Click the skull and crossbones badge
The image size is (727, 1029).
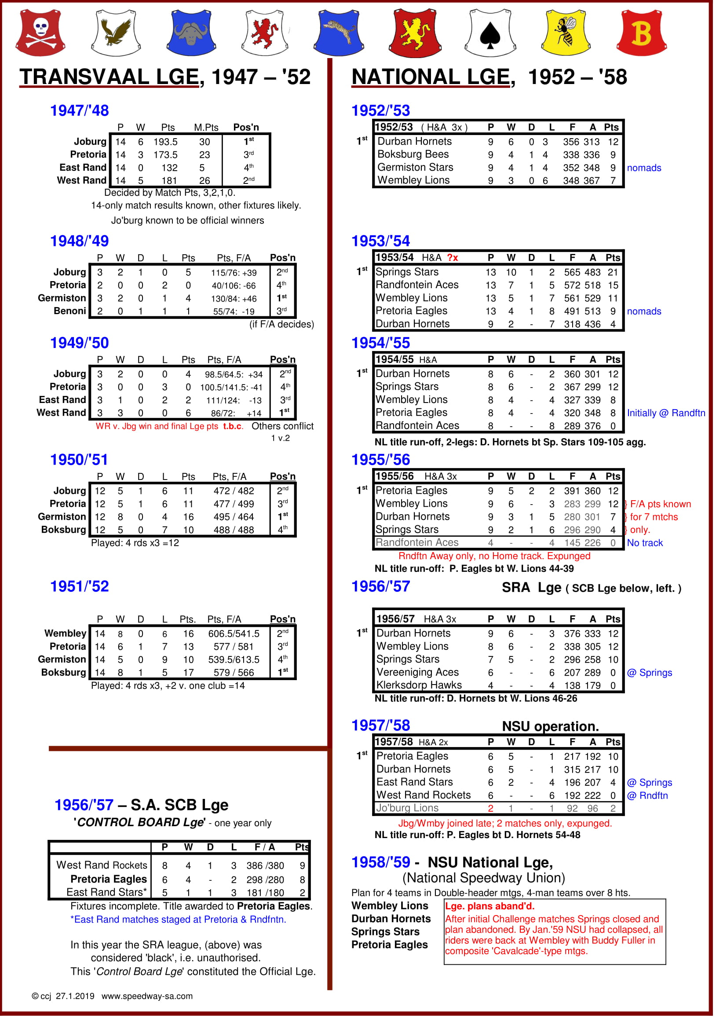[40, 32]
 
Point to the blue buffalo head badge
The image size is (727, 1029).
[191, 32]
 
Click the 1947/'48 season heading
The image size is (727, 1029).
[79, 111]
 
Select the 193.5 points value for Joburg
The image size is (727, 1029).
[165, 142]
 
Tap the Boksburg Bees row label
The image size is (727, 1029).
[413, 154]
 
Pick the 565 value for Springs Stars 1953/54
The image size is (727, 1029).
[572, 272]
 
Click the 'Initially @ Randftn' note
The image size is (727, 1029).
[665, 413]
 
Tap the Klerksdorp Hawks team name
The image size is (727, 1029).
[419, 685]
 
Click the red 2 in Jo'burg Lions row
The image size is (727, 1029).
[490, 809]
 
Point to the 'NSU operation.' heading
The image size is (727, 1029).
[550, 726]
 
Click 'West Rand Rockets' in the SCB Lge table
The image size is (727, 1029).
[102, 865]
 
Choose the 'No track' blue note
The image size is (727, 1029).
[645, 543]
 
